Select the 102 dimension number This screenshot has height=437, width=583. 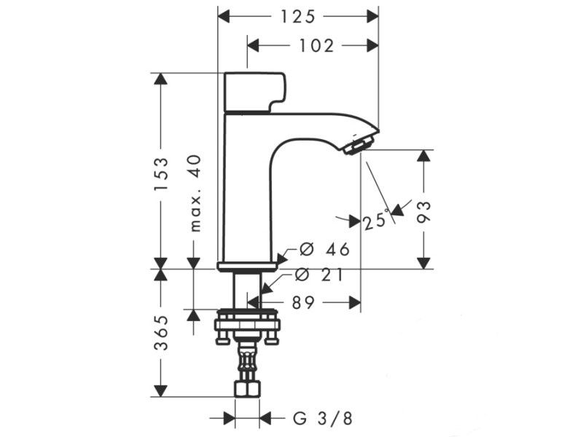[x=316, y=46]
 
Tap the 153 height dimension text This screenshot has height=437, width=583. [x=161, y=176]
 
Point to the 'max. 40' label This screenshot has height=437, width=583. [x=195, y=194]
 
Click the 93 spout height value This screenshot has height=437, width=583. [x=423, y=211]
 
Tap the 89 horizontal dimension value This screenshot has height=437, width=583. [x=303, y=303]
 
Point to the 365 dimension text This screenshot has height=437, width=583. [x=161, y=332]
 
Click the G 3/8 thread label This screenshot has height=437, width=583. [x=323, y=418]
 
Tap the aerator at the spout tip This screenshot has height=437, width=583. [x=359, y=143]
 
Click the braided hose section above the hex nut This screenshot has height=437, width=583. [x=246, y=361]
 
